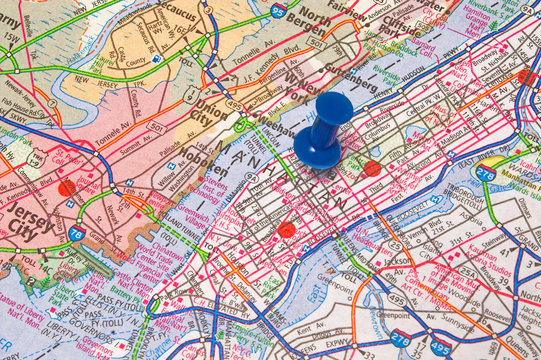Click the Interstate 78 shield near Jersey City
pos(77,233)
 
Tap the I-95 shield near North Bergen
pos(277,10)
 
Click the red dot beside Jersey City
pos(66,187)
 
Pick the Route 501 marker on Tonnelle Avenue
pos(156,127)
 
